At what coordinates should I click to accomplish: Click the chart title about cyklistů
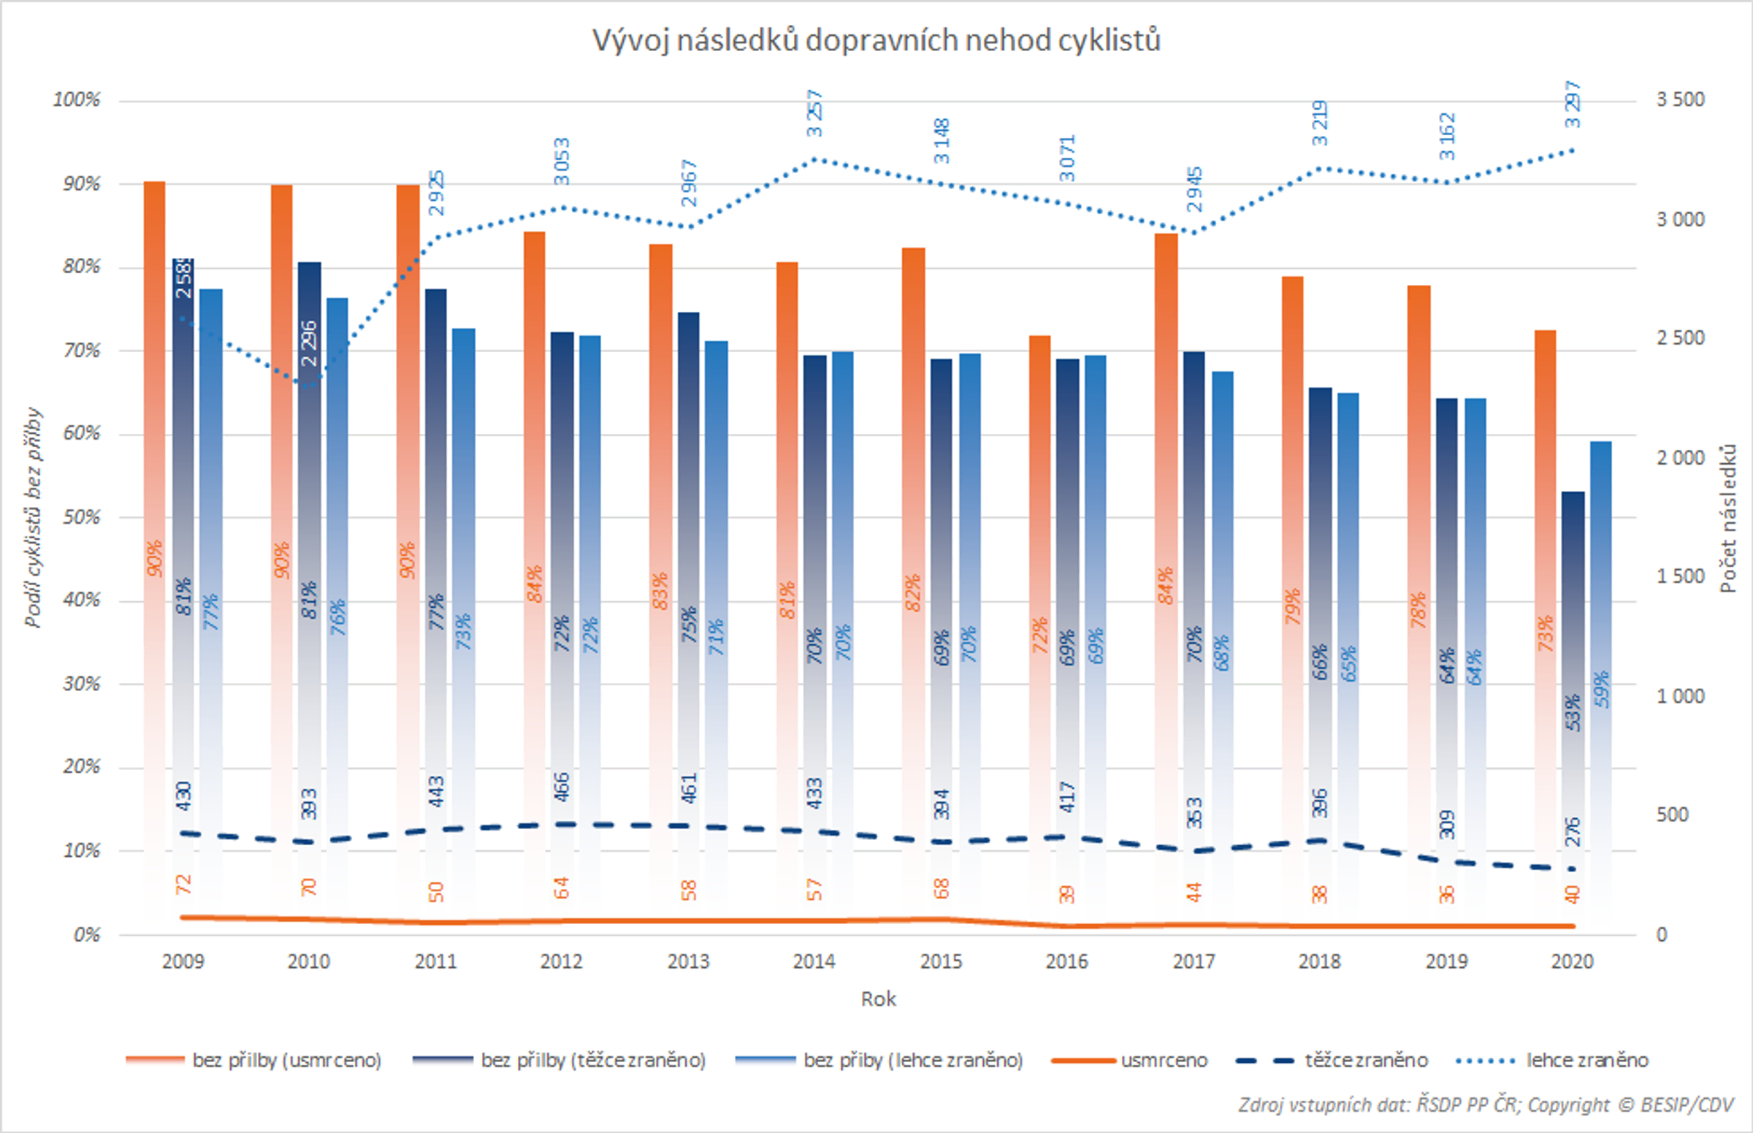click(x=876, y=40)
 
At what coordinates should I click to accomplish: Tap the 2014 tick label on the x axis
click(x=814, y=961)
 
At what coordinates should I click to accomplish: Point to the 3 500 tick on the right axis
click(x=1680, y=99)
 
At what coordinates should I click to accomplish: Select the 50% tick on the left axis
click(x=81, y=517)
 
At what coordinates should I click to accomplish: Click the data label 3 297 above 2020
click(x=1572, y=104)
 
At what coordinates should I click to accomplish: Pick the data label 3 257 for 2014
click(x=814, y=113)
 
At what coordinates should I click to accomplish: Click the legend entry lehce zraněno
click(x=1586, y=1060)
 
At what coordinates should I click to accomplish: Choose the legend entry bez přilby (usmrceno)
click(x=286, y=1060)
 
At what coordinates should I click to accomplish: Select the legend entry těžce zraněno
click(x=1365, y=1060)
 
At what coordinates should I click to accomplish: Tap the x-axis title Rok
click(x=878, y=999)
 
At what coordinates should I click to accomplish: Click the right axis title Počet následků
click(x=1728, y=518)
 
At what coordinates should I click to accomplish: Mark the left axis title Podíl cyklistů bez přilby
click(x=32, y=517)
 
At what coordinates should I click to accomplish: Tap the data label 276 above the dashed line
click(x=1572, y=831)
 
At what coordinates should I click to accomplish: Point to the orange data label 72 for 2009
click(x=183, y=885)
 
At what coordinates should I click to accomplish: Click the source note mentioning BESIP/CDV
click(x=1485, y=1105)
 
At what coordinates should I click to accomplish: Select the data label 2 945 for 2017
click(x=1194, y=189)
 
